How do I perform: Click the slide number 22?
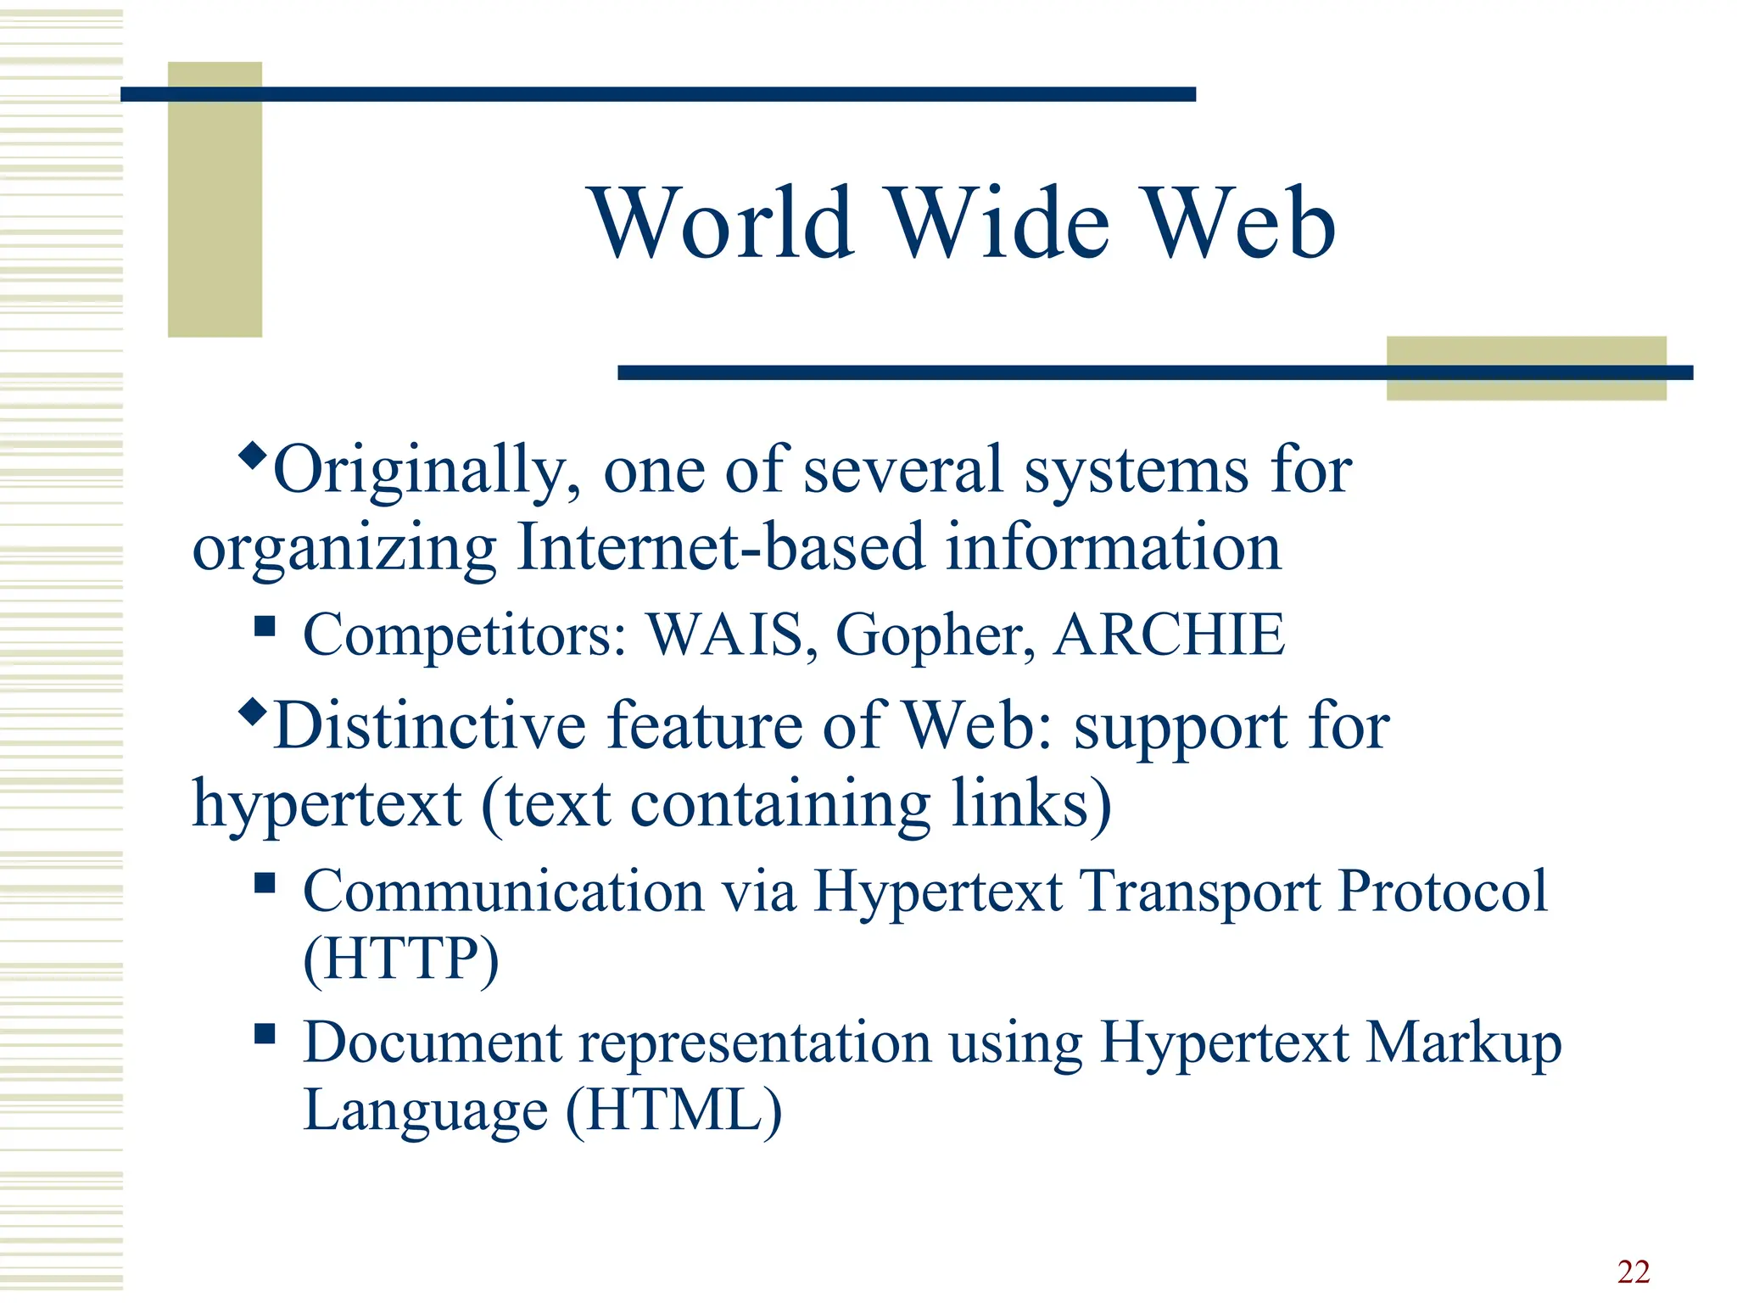(x=1633, y=1272)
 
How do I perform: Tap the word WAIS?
(x=725, y=634)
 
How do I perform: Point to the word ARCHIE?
(x=1169, y=634)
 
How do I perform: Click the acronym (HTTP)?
(x=401, y=959)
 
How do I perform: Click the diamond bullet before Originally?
(x=252, y=454)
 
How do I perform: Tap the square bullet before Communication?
(x=265, y=883)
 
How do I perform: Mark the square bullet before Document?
(x=265, y=1033)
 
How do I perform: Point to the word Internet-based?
(x=720, y=547)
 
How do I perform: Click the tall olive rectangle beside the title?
(x=215, y=199)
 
